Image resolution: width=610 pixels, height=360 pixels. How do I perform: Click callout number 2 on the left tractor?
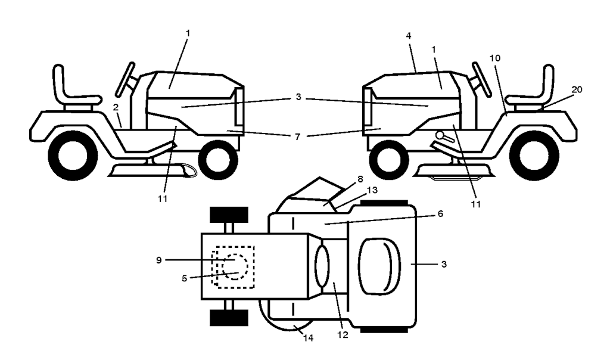click(116, 108)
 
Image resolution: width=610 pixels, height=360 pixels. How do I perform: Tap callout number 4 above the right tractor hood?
click(408, 36)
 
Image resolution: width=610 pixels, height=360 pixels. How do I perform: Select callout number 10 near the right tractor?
click(495, 58)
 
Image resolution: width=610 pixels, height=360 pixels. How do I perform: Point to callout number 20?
click(577, 89)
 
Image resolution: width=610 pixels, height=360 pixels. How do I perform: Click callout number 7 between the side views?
click(298, 137)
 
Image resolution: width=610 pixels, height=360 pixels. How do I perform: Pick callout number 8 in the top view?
click(360, 179)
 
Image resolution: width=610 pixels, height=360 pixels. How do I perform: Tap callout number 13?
click(372, 190)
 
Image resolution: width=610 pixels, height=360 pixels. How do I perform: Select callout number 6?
click(440, 213)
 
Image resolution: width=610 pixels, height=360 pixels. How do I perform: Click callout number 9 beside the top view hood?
click(158, 260)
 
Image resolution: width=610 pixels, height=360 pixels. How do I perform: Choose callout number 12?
click(343, 335)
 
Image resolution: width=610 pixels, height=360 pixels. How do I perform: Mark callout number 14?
click(308, 338)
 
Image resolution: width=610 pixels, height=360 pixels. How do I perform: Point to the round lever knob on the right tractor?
click(440, 135)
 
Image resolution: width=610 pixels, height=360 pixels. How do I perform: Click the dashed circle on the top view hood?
click(235, 266)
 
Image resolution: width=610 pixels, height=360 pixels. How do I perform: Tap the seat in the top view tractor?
click(379, 265)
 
